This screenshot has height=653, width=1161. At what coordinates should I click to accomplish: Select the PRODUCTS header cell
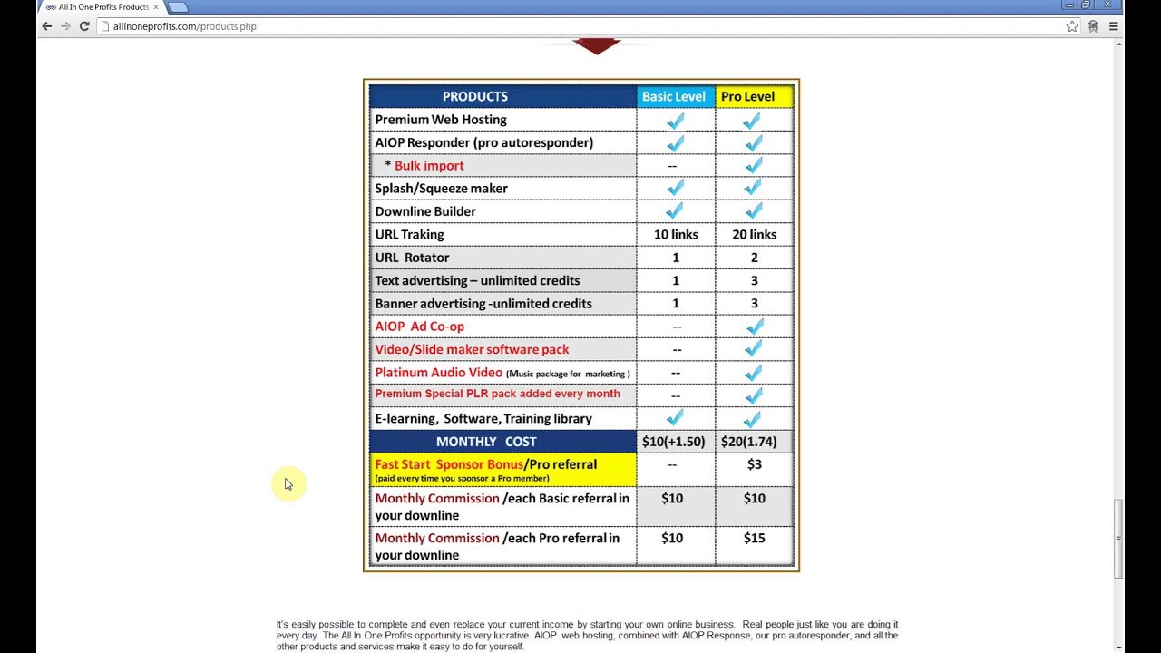pos(475,96)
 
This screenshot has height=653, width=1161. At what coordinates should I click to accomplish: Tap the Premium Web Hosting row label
pos(441,120)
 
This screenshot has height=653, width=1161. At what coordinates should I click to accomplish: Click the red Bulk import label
pos(429,165)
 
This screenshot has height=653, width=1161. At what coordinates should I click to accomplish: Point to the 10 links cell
pos(676,234)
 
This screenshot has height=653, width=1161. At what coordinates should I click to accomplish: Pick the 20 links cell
pos(754,234)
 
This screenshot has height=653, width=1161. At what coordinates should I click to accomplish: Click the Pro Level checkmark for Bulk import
pos(752,165)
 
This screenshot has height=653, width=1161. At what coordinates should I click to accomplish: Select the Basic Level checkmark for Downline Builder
pos(674,210)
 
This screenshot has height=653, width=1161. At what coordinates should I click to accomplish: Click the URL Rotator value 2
pos(754,258)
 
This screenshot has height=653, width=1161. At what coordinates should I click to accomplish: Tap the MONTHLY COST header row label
pos(486,442)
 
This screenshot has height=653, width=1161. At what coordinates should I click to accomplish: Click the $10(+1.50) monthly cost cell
pos(673,442)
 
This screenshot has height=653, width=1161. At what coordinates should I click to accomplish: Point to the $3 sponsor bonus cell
pos(754,464)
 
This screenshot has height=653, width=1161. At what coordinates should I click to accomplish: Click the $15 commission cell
pos(754,538)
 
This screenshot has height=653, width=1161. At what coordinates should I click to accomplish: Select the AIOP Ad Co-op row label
pos(419,326)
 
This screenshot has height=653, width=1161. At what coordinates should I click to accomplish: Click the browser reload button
pos(84,26)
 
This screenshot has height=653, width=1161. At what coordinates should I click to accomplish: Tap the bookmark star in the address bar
pos(1072,26)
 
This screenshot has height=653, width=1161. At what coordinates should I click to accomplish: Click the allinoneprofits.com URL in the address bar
pos(185,26)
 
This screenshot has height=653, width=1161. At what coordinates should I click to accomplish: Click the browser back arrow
pos(47,26)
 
